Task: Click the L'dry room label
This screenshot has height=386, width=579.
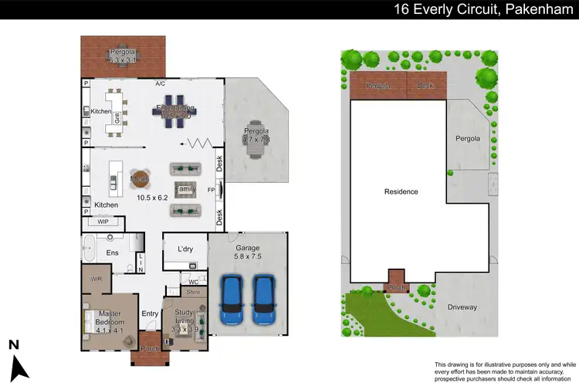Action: point(185,249)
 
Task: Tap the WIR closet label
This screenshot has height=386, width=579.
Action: point(96,279)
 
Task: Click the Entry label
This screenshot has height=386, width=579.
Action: point(150,313)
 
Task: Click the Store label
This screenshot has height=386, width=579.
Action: point(193,293)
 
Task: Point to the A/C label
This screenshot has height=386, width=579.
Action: point(161,83)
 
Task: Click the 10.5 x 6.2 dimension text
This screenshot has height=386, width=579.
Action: point(151,198)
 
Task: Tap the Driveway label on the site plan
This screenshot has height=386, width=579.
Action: point(462,306)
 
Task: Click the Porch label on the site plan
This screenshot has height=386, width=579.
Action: point(396,289)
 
